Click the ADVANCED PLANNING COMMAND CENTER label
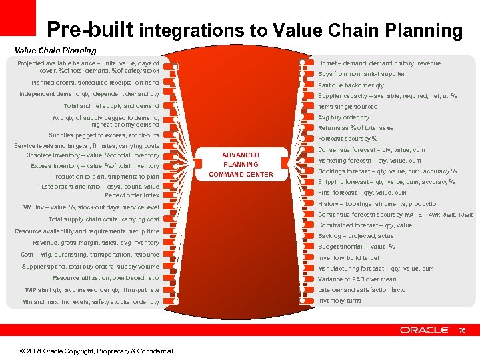pos(241,165)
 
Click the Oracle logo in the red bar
pos(425,329)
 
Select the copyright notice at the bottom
pos(96,351)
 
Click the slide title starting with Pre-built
pos(254,29)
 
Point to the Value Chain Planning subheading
pos(55,50)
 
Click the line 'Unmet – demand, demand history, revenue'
pos(379,63)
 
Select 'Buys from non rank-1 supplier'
pos(361,74)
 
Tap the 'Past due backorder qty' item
pos(351,85)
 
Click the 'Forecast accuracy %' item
pos(347,139)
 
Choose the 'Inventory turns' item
pos(339,301)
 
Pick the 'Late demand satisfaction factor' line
pos(363,290)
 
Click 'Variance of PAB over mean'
pos(357,279)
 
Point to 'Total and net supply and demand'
pos(111,106)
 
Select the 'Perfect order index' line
pos(132,195)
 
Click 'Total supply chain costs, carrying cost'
pos(104,219)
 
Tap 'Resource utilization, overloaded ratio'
pos(106,278)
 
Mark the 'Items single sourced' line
pos(347,107)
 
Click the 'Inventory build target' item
pos(348,258)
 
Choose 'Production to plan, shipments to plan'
pos(105,177)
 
